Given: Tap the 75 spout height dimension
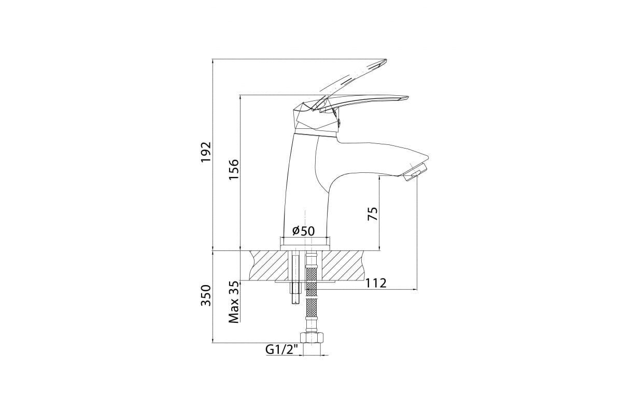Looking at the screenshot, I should [373, 213].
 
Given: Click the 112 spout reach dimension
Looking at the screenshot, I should [376, 283].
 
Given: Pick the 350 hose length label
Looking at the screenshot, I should [206, 295].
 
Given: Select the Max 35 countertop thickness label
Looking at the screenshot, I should [234, 303].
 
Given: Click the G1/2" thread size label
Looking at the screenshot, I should [283, 350].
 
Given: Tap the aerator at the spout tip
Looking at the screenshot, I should [415, 172].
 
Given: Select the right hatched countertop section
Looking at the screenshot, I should [345, 265].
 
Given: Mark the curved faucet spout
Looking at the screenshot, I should [373, 158].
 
